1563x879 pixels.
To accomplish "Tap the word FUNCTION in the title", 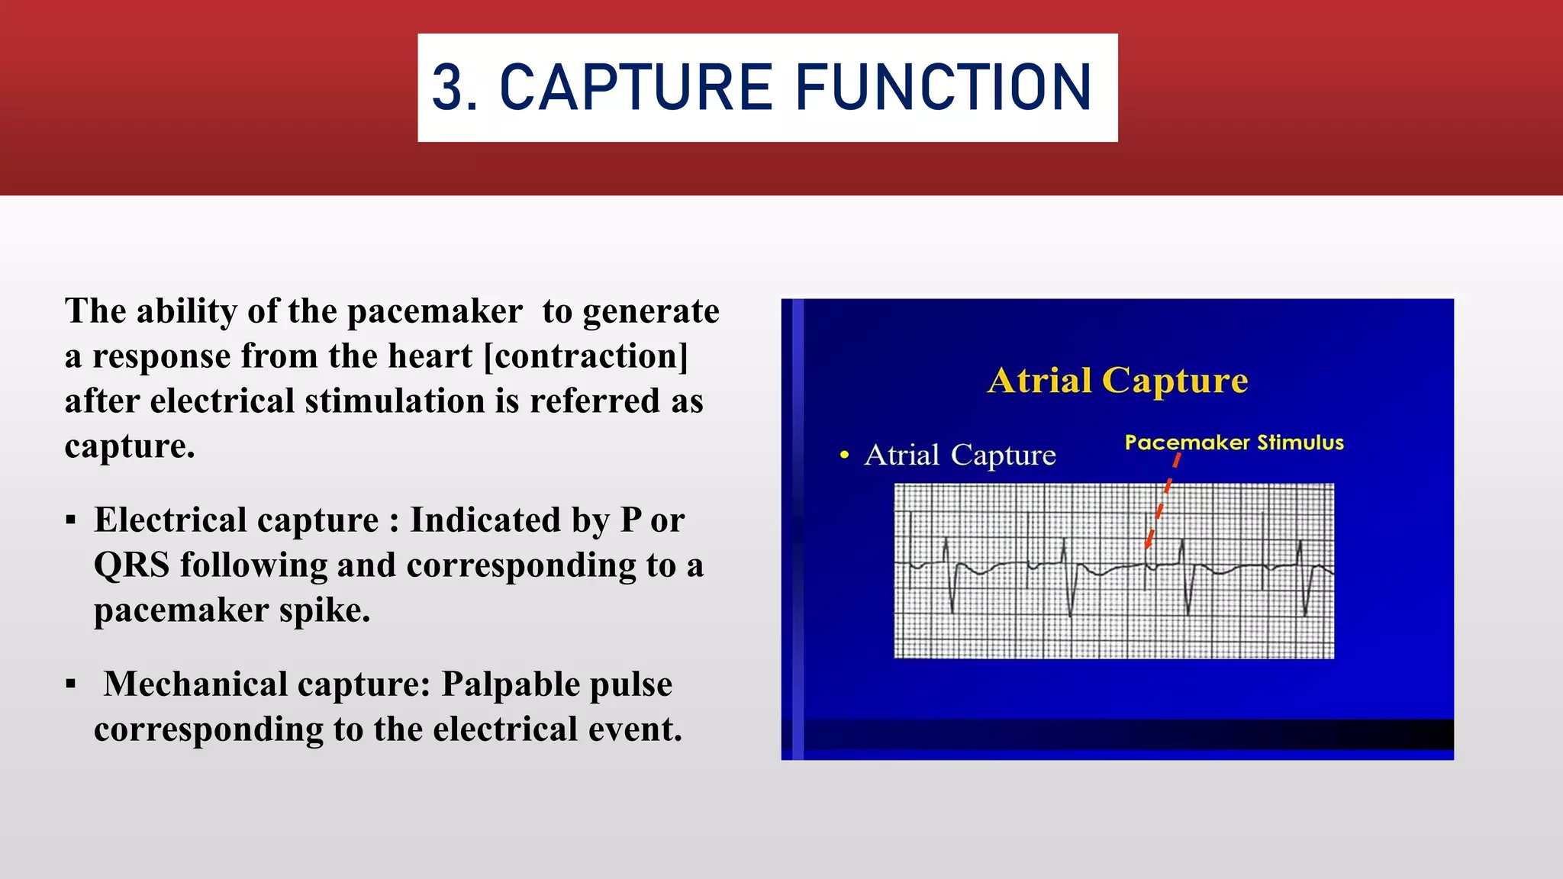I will point(944,88).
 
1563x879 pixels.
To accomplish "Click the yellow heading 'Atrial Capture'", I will point(1117,380).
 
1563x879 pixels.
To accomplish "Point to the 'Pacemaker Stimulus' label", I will point(1234,443).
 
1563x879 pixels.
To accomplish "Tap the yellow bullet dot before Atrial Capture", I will point(844,456).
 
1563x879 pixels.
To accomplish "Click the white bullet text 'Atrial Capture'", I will point(960,456).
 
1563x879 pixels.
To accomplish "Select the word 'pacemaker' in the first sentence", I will point(434,311).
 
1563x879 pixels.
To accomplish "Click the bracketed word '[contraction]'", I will point(586,356).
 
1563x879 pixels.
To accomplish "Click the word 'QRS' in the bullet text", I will point(131,565).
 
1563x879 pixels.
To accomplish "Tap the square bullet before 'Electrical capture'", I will point(71,521).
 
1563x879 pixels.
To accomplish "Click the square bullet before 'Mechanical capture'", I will point(71,684).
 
